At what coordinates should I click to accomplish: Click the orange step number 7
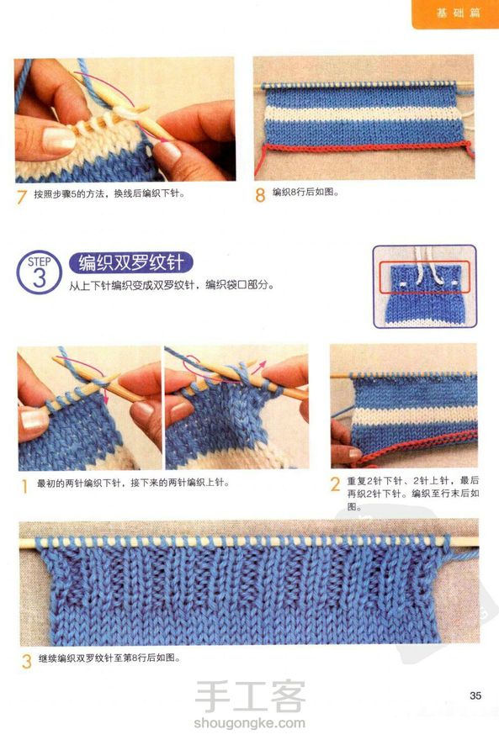click(21, 196)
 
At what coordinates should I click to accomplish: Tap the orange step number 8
click(260, 195)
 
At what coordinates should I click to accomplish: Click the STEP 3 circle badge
click(40, 272)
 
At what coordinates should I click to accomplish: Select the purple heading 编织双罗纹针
click(130, 262)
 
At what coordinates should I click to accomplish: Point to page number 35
click(475, 695)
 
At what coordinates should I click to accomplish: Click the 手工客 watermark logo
click(250, 696)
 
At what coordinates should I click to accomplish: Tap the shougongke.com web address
click(249, 722)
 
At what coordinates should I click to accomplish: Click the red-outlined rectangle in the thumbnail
click(425, 277)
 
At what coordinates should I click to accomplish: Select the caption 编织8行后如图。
click(305, 192)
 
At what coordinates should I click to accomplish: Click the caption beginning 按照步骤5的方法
click(109, 194)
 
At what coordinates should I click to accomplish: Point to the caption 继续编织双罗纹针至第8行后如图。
click(109, 658)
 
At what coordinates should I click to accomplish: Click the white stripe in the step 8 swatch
click(364, 114)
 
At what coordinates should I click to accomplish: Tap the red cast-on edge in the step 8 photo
click(364, 147)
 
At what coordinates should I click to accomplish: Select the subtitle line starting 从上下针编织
click(172, 285)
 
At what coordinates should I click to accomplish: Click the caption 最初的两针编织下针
click(133, 483)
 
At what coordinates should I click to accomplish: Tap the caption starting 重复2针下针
click(413, 494)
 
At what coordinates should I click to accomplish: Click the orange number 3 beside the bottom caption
click(26, 661)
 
